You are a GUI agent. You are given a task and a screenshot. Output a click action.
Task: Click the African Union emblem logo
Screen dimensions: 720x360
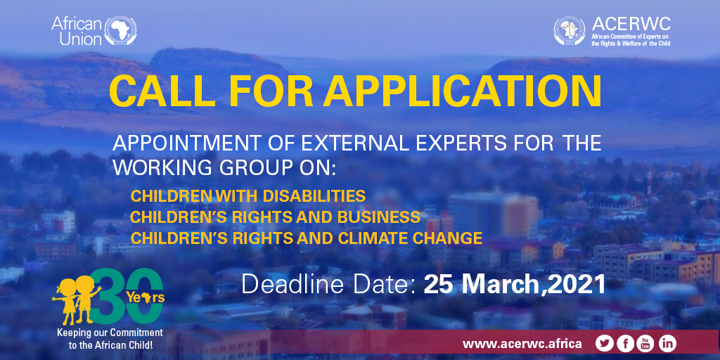point(120,31)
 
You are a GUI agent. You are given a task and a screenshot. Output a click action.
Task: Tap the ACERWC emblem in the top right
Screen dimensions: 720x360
point(570,31)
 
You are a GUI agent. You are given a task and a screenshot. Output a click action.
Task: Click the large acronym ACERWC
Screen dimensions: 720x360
point(631,24)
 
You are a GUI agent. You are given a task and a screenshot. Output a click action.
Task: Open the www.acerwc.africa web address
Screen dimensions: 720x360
point(522,343)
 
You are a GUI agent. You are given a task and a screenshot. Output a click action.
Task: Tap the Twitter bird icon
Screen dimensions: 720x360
point(604,343)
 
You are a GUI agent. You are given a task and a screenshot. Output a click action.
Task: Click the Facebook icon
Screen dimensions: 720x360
point(625,343)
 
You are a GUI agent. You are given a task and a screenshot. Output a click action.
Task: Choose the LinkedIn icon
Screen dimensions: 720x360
point(667,343)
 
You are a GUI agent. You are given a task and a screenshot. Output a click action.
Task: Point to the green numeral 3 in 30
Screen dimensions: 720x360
point(107,296)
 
